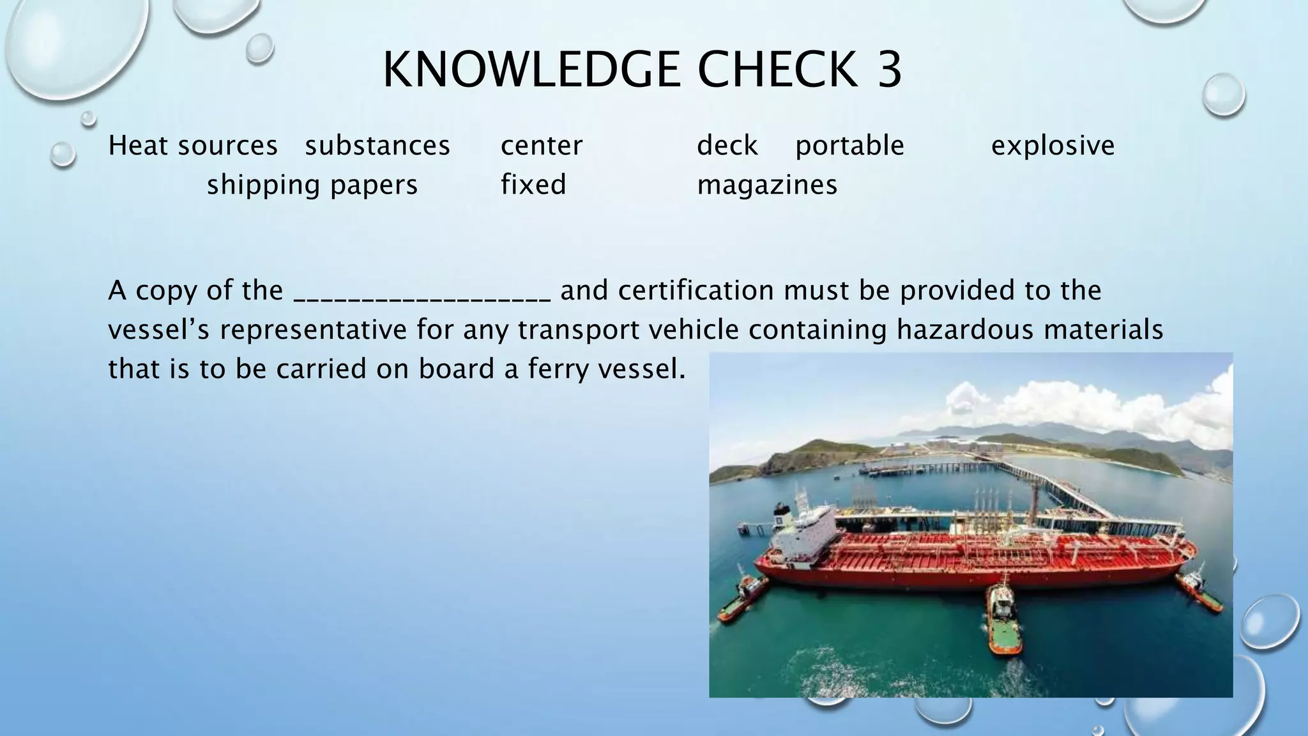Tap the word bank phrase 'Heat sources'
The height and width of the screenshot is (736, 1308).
[193, 146]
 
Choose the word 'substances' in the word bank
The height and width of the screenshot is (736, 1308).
[377, 146]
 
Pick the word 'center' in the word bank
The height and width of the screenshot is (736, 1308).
[542, 146]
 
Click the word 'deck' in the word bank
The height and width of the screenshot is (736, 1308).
[727, 146]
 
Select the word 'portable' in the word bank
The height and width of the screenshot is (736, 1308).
[849, 146]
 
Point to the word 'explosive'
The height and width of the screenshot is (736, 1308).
[1053, 146]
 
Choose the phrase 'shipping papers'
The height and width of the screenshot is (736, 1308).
[312, 185]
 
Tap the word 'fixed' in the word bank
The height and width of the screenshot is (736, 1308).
[533, 185]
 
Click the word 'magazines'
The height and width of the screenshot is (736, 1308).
[767, 185]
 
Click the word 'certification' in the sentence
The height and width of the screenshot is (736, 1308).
[696, 291]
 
